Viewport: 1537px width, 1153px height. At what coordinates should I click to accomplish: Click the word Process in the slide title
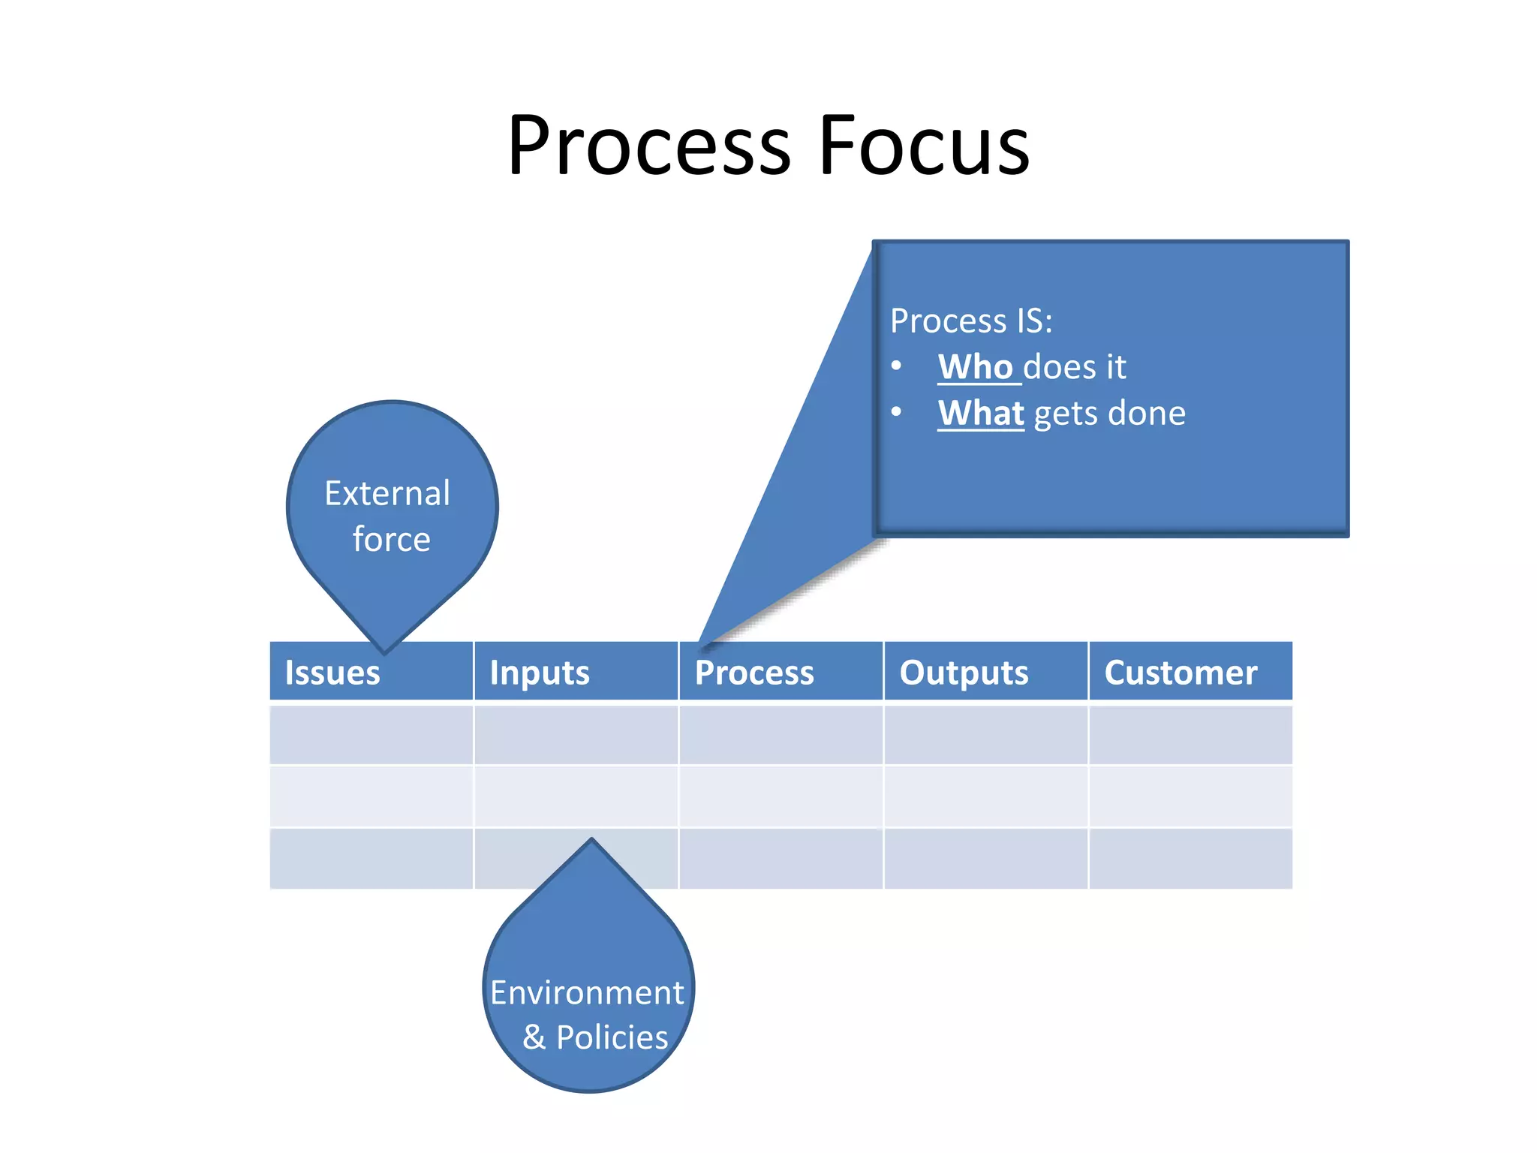[x=649, y=146]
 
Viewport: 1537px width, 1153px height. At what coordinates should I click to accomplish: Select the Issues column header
[x=332, y=673]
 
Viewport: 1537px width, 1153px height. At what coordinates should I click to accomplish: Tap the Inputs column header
[x=540, y=673]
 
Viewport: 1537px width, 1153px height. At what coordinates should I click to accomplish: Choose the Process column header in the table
[x=754, y=673]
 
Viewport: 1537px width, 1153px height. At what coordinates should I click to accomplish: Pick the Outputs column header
[x=964, y=673]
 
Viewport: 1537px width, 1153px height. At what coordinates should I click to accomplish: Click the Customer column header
[x=1181, y=673]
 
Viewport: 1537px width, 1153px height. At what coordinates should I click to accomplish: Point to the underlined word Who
[x=976, y=367]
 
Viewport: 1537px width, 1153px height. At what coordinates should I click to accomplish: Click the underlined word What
[x=981, y=413]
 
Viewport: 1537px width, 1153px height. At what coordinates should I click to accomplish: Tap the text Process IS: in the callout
[x=971, y=321]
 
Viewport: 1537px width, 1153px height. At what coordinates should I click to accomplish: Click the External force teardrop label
[x=389, y=516]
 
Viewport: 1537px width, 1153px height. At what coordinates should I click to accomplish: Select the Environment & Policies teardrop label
[x=588, y=1014]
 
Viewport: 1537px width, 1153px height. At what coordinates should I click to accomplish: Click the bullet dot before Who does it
[x=896, y=366]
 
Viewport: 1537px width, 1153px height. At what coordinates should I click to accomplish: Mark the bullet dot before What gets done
[x=896, y=412]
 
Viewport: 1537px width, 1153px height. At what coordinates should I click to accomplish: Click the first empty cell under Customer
[x=1190, y=734]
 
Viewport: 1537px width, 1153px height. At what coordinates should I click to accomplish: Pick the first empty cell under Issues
[x=371, y=734]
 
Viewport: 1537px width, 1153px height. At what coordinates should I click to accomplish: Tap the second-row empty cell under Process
[x=781, y=796]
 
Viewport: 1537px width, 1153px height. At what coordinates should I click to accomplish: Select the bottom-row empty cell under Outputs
[x=986, y=859]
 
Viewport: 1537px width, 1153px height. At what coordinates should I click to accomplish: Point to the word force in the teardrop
[x=392, y=540]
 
